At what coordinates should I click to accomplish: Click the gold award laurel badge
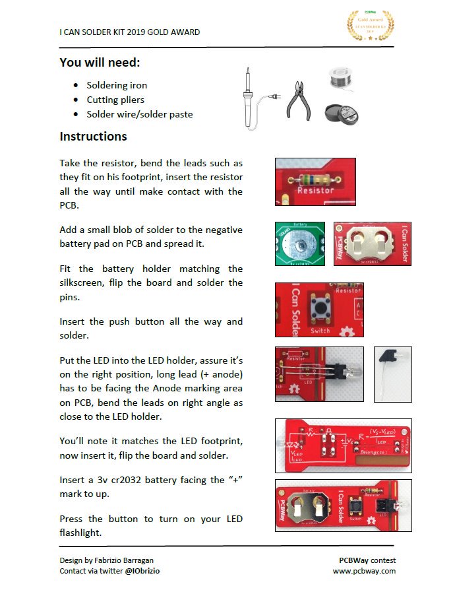371,26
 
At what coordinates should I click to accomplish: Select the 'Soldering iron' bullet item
117,85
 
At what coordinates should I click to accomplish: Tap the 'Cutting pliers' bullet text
115,100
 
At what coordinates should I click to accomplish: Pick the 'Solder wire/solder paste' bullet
140,114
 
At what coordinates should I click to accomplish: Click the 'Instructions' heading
93,137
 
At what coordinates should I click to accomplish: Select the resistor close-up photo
315,181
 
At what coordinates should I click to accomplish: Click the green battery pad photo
300,244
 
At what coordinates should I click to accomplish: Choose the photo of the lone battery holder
373,244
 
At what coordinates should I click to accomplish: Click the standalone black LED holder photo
392,374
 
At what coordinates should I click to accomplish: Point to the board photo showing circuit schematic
343,444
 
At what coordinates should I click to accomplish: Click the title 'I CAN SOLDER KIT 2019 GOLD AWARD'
129,32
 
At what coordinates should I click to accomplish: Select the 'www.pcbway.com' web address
363,571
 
